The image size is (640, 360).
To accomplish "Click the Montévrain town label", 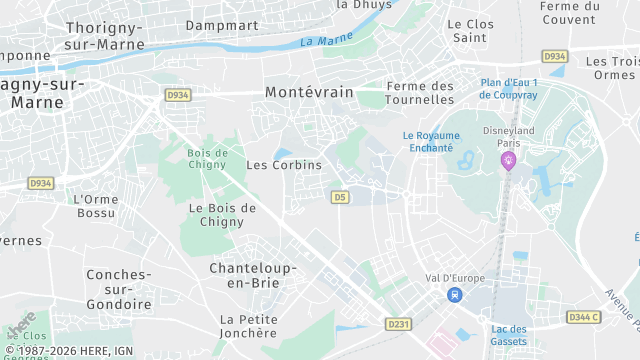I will (x=309, y=91).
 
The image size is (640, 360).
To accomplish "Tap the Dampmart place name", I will (x=222, y=24).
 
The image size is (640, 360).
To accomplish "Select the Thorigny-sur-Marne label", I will (x=105, y=36).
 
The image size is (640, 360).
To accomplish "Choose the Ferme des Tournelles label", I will (x=420, y=93).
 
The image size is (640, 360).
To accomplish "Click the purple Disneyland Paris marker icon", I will (x=508, y=161).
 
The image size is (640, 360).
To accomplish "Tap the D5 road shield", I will (x=340, y=197).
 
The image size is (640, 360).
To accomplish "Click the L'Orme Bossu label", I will (x=97, y=206).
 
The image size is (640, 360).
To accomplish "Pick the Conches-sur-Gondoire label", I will (x=118, y=289).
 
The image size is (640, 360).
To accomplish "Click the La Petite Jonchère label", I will (x=249, y=326).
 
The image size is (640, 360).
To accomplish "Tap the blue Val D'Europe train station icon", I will (x=455, y=294).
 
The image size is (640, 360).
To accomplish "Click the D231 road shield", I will (x=399, y=324).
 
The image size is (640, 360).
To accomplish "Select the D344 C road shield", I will (x=583, y=317).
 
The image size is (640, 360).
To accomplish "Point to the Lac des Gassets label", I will (x=509, y=335).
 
